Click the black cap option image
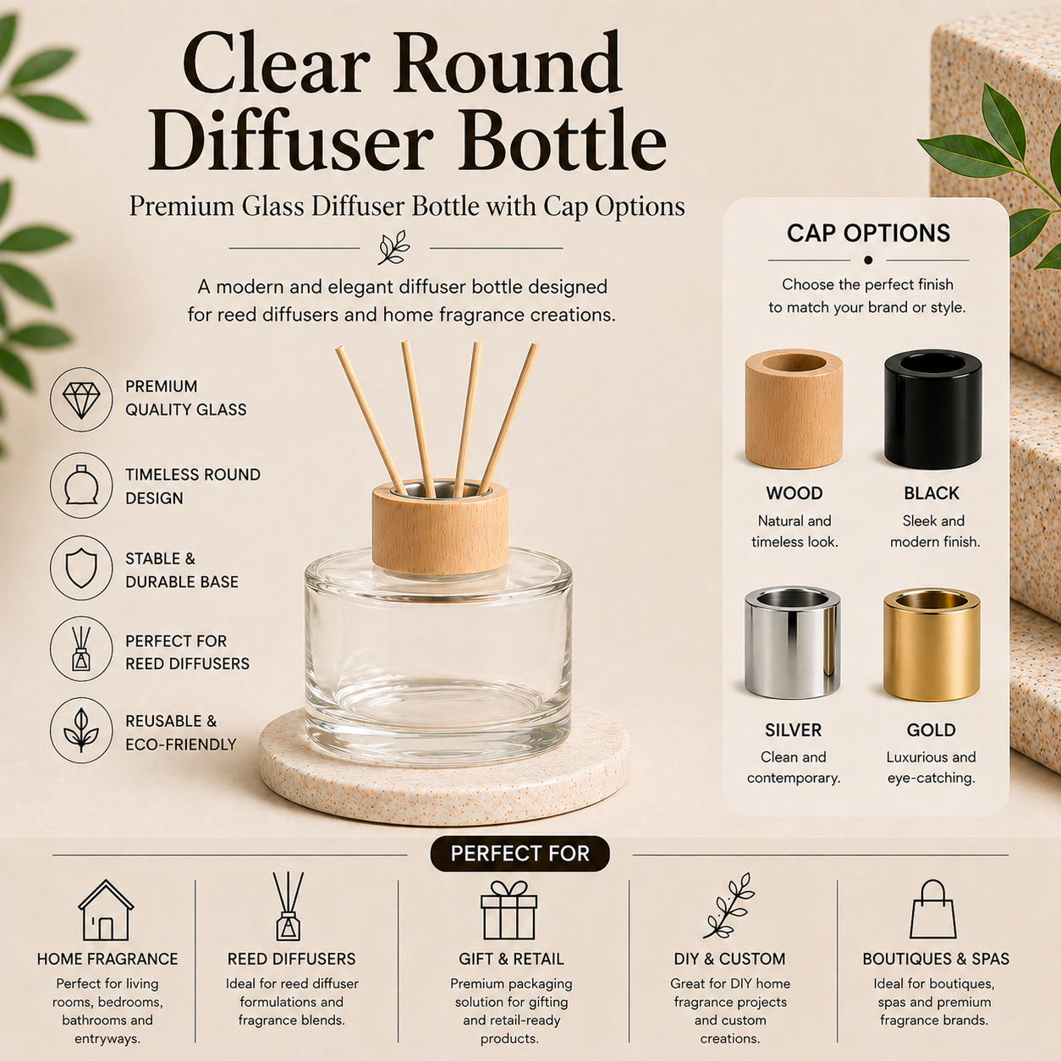point(932,409)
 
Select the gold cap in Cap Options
point(931,646)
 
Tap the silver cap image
point(793,643)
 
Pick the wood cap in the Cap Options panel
point(794,409)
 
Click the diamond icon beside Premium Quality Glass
point(81,399)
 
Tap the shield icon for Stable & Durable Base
point(81,568)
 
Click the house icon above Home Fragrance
point(106,910)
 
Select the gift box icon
point(509,910)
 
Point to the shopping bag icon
point(933,910)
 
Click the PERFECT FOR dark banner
point(520,854)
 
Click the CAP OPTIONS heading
point(868,234)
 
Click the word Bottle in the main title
point(564,141)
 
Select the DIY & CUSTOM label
point(729,959)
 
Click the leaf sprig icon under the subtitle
point(394,248)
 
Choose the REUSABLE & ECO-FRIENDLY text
point(180,733)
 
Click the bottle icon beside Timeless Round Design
point(81,485)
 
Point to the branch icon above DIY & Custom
point(728,906)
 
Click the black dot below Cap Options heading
point(868,260)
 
